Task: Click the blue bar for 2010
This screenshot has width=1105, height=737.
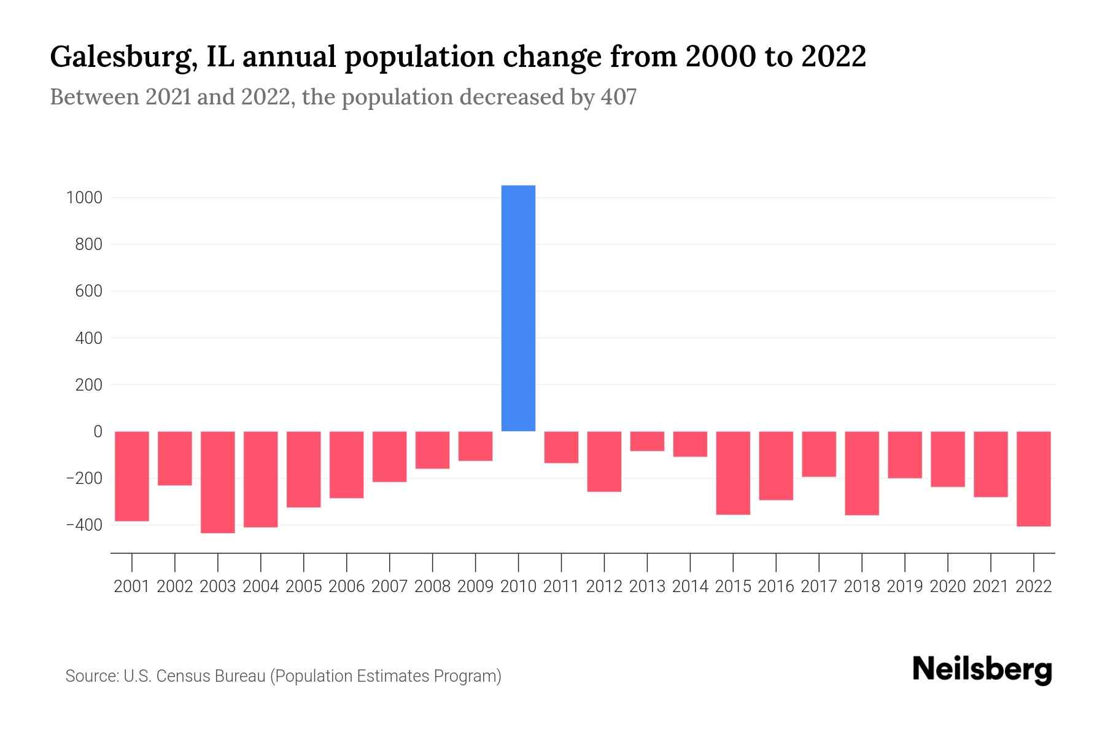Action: tap(518, 308)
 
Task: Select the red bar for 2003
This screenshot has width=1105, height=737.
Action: tap(218, 482)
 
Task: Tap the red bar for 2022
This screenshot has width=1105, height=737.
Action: tap(1034, 478)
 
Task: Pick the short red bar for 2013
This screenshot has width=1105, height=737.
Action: tap(647, 442)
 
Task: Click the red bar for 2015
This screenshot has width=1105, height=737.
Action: tap(733, 473)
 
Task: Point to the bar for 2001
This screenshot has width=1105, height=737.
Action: tap(132, 476)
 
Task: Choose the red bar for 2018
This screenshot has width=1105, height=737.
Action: tap(862, 473)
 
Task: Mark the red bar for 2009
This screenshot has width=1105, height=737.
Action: tap(475, 446)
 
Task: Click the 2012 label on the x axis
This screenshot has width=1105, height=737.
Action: tap(604, 587)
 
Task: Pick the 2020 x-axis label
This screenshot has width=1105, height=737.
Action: tap(948, 587)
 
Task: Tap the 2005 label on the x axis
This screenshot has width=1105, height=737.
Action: tap(304, 587)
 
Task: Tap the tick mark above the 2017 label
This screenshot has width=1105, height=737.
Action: tap(819, 562)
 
